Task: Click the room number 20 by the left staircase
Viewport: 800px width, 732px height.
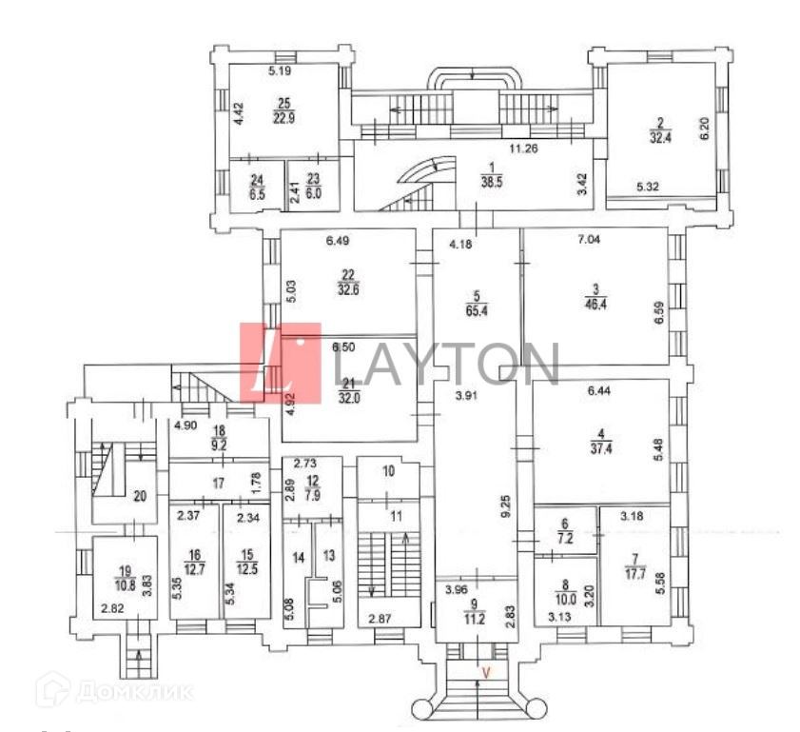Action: [x=141, y=495]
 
